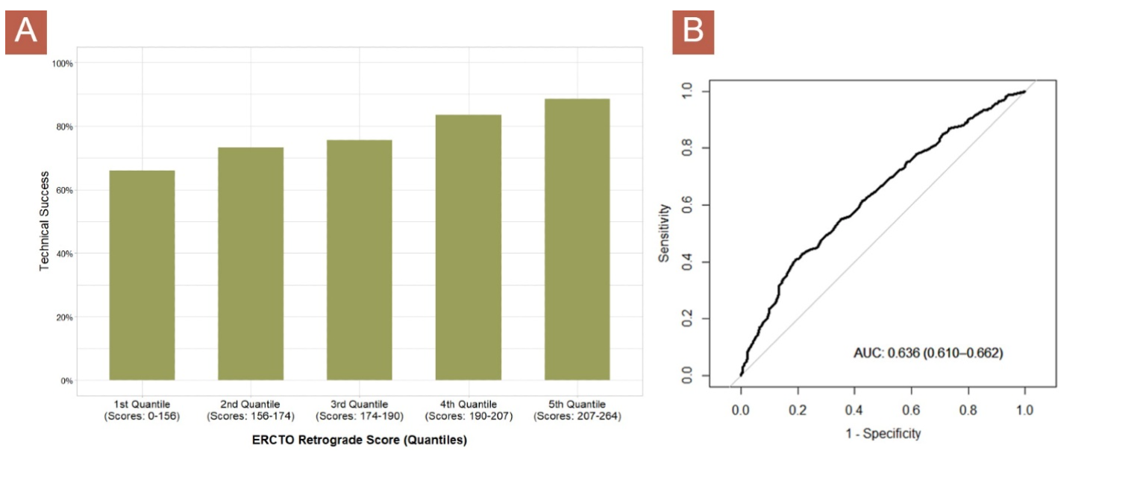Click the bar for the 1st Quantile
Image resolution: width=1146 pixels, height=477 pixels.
tap(142, 276)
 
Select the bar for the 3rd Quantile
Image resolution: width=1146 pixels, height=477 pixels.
tap(360, 261)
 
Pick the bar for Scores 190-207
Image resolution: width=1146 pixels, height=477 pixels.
tap(469, 248)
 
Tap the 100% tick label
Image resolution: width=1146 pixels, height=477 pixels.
tap(62, 63)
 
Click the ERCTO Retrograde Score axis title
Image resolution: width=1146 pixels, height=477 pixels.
tap(360, 440)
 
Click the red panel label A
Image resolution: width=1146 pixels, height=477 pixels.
tap(26, 33)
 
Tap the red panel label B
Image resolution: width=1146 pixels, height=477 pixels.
tap(693, 33)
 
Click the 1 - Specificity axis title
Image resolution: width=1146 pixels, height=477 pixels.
tap(883, 433)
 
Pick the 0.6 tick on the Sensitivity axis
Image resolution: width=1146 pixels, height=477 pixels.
tap(686, 205)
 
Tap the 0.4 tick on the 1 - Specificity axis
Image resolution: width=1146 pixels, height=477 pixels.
tap(854, 410)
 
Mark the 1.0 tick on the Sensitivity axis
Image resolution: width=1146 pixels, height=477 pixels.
tap(686, 92)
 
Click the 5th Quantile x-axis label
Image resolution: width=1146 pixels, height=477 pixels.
tap(577, 410)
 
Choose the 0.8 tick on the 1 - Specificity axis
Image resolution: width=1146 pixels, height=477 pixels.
tap(968, 410)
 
